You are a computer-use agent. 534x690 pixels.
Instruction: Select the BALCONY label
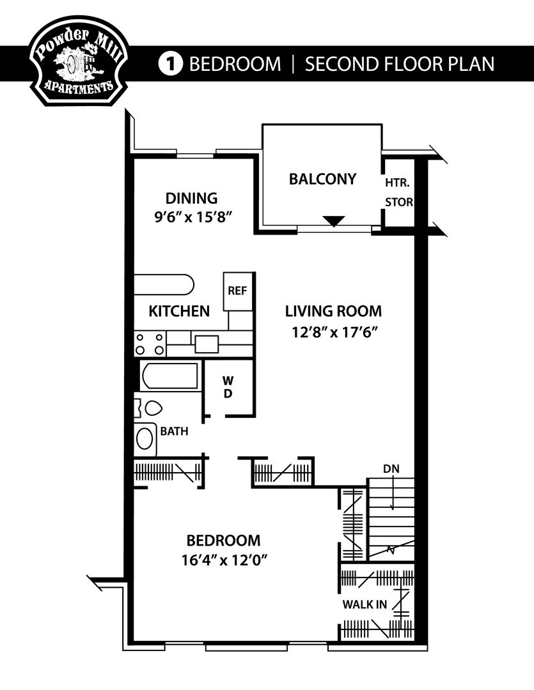tap(322, 179)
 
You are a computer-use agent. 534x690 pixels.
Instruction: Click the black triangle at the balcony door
tap(333, 221)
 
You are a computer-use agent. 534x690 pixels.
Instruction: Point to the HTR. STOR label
tap(398, 192)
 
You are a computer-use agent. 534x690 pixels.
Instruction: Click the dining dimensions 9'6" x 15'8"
tap(192, 216)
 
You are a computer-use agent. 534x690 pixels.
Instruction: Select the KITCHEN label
tap(179, 311)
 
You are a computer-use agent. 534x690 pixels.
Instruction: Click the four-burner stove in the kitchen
tap(149, 344)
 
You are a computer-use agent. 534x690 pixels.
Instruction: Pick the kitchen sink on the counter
tap(206, 344)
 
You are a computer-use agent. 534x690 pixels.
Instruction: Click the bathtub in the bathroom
tap(170, 376)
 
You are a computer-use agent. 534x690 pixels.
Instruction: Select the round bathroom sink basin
tap(146, 438)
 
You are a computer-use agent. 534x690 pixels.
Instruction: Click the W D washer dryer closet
tap(228, 387)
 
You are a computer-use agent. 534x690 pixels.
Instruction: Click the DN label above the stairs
tap(391, 469)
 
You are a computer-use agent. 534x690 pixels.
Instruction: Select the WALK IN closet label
tap(364, 604)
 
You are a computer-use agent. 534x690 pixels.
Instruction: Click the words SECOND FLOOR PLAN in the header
tap(400, 64)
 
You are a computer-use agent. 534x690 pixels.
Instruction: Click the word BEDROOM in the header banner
tap(235, 64)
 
